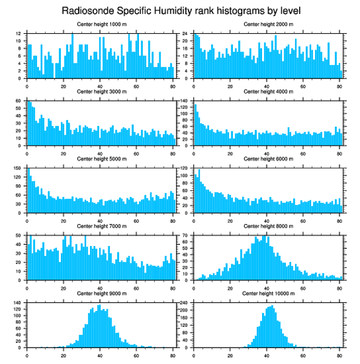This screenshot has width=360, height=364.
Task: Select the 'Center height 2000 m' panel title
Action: coord(268,24)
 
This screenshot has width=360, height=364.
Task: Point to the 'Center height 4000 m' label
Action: coord(268,91)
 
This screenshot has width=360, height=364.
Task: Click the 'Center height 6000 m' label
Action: coord(268,159)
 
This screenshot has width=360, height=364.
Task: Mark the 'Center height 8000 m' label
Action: coord(268,226)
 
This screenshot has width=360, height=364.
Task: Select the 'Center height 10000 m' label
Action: coord(268,293)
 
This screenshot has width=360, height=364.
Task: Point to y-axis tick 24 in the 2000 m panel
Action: coord(186,34)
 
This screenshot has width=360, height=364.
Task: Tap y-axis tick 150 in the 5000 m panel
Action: coord(18,168)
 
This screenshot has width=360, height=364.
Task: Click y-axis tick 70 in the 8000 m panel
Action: coord(186,235)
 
